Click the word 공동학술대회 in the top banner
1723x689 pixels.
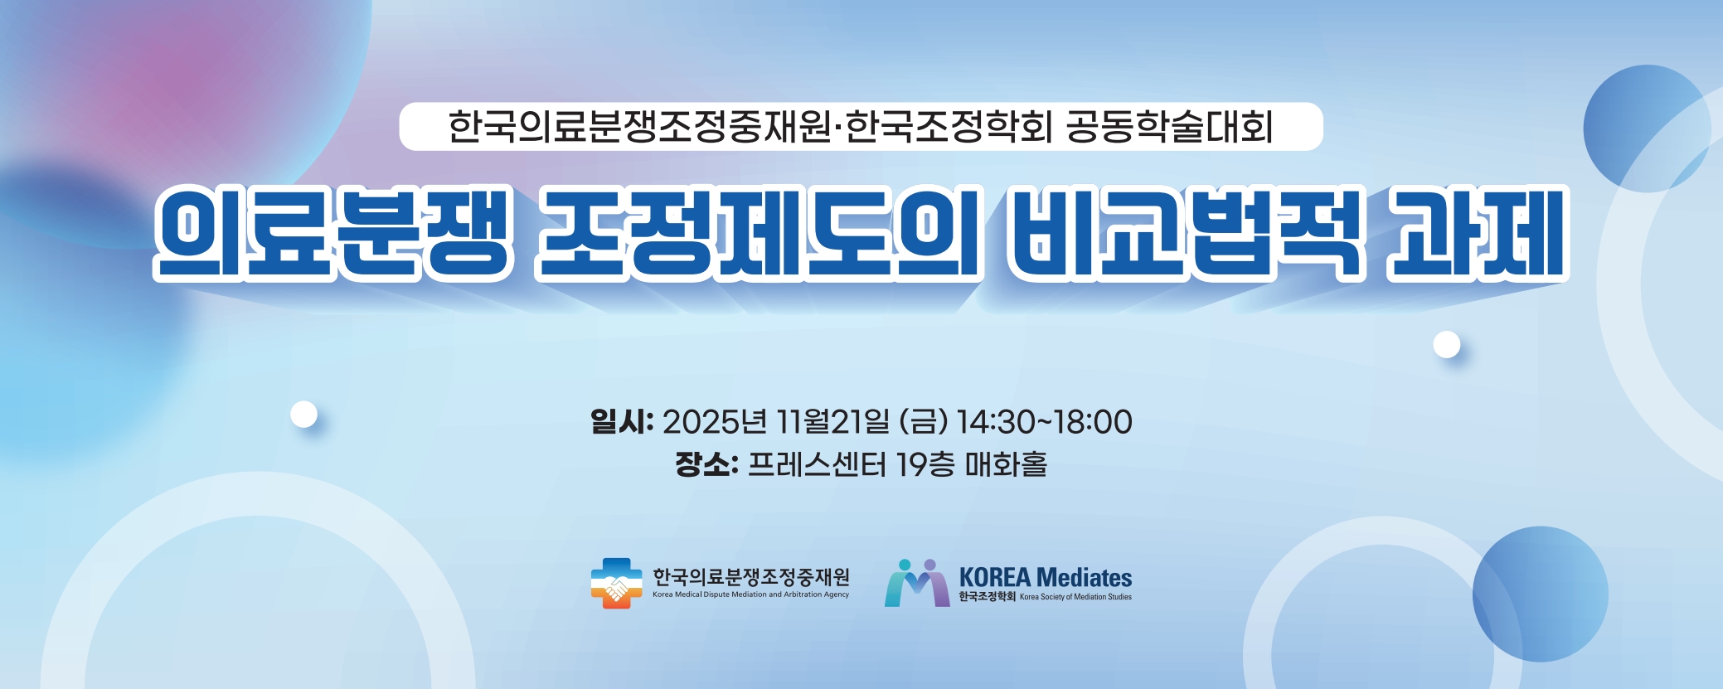(1169, 127)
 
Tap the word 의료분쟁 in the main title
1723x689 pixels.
(332, 232)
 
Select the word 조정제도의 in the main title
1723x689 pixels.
(760, 232)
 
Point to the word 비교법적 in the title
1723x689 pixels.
(1187, 232)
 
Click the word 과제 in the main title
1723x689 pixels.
(1478, 232)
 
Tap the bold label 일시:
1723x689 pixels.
(622, 421)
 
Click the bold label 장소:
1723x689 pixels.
(706, 463)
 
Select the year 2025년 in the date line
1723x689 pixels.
(715, 421)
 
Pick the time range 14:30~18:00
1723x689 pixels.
(1044, 421)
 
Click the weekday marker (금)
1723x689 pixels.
(923, 421)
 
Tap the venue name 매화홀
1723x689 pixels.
(1006, 463)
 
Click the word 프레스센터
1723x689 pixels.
(818, 463)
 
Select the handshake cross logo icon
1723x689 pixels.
(616, 583)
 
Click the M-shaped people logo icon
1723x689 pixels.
(917, 583)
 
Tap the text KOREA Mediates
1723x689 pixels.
(1046, 577)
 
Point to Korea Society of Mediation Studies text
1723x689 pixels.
(1075, 597)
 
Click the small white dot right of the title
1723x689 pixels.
(1447, 344)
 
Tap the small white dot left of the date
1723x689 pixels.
(304, 414)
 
